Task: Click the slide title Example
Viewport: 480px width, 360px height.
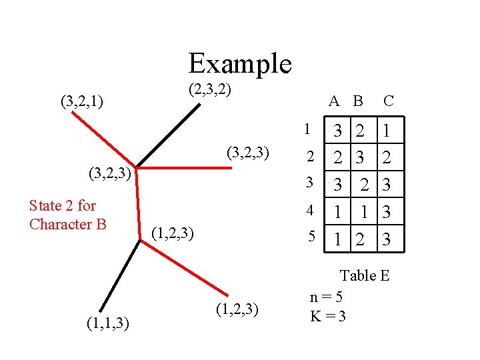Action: [x=240, y=63]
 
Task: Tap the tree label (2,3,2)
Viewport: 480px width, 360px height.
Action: [x=209, y=89]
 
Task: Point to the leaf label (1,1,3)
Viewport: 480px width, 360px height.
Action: [x=107, y=324]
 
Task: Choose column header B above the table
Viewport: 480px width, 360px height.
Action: [x=358, y=101]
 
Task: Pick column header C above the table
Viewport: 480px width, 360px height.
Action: [x=389, y=101]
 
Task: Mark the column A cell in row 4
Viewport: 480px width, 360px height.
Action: [x=338, y=213]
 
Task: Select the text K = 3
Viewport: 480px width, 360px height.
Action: [x=328, y=315]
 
